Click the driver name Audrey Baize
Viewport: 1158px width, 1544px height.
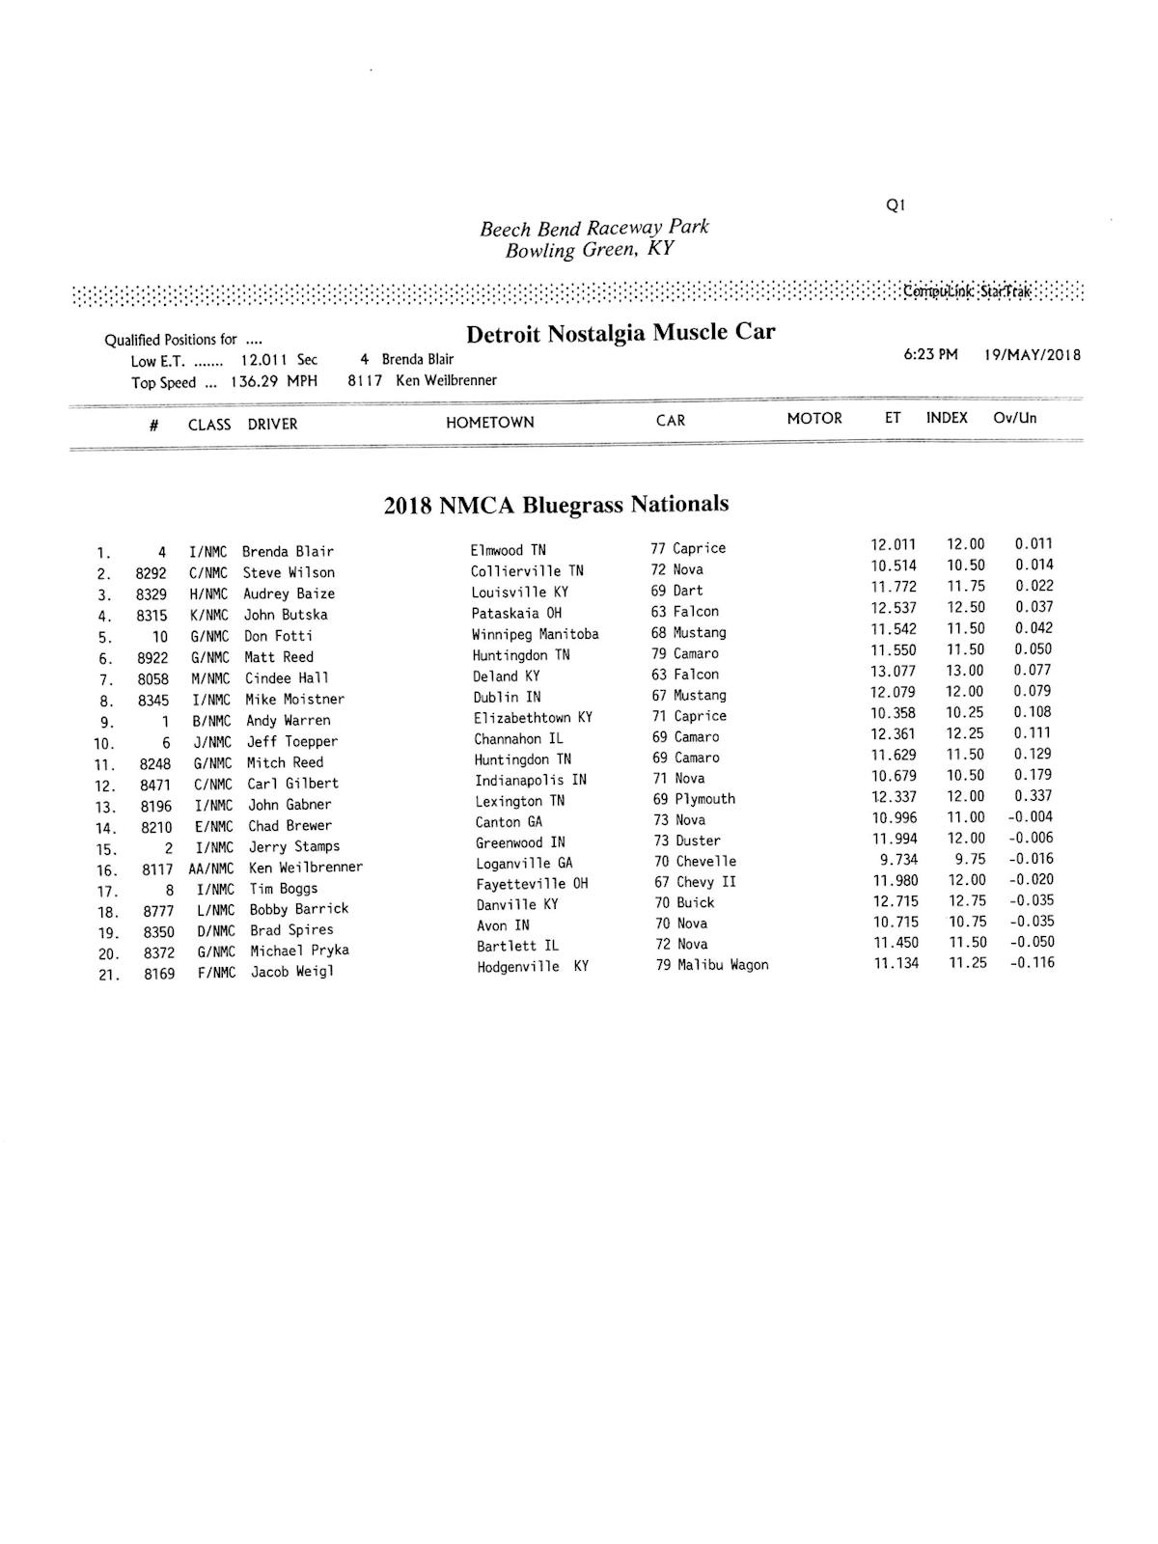click(289, 594)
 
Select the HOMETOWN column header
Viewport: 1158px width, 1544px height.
click(489, 423)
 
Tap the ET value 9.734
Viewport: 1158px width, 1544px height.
click(898, 860)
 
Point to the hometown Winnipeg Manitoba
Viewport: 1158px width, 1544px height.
click(535, 634)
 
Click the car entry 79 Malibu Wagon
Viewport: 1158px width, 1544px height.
click(712, 965)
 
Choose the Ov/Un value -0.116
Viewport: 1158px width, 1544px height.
click(1032, 962)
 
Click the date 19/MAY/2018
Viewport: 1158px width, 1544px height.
click(1033, 355)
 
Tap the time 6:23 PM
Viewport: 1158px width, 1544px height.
click(930, 355)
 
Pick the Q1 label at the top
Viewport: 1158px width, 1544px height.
click(895, 205)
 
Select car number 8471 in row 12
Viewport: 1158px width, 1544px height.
click(155, 785)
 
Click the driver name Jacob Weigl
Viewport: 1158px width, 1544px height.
click(292, 972)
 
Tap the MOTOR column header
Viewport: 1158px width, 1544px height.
click(814, 419)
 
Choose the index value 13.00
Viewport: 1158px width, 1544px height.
click(965, 671)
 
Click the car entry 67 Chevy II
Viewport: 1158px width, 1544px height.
click(695, 882)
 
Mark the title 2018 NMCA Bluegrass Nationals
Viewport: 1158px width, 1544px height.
click(556, 505)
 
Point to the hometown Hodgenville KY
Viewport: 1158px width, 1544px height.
click(532, 967)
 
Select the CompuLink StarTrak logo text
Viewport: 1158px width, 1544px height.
click(967, 291)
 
